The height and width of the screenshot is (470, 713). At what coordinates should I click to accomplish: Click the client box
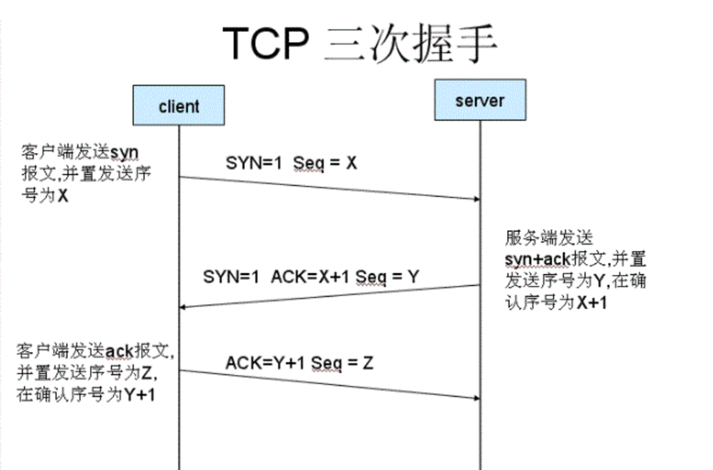(x=178, y=106)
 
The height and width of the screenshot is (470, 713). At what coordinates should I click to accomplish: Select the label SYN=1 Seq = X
(x=291, y=163)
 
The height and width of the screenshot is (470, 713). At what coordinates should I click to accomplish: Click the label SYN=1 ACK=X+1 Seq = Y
(x=310, y=277)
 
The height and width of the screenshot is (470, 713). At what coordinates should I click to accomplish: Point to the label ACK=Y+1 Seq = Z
(x=299, y=363)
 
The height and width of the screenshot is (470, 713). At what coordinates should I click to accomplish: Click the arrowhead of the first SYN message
(x=475, y=199)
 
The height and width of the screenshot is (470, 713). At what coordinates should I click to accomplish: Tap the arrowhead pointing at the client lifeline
(x=183, y=306)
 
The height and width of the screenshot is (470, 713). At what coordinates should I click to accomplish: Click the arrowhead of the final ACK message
(x=475, y=398)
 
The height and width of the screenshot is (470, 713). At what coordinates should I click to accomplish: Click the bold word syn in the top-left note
(x=124, y=153)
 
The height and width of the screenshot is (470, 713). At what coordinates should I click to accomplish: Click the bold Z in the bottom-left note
(x=147, y=373)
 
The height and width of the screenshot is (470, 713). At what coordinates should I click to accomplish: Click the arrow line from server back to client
(x=329, y=296)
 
